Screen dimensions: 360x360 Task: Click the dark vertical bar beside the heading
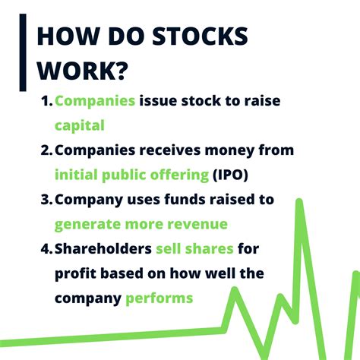click(23, 52)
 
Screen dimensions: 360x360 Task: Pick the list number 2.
click(46, 151)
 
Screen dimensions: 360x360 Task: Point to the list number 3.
click(46, 201)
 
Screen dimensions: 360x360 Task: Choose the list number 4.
click(46, 249)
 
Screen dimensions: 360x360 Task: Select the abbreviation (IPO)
click(232, 175)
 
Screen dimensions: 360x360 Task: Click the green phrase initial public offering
click(131, 175)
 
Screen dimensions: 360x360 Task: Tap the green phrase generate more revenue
click(141, 225)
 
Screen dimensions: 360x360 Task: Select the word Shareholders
click(103, 249)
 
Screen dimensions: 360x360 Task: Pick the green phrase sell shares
click(196, 249)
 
